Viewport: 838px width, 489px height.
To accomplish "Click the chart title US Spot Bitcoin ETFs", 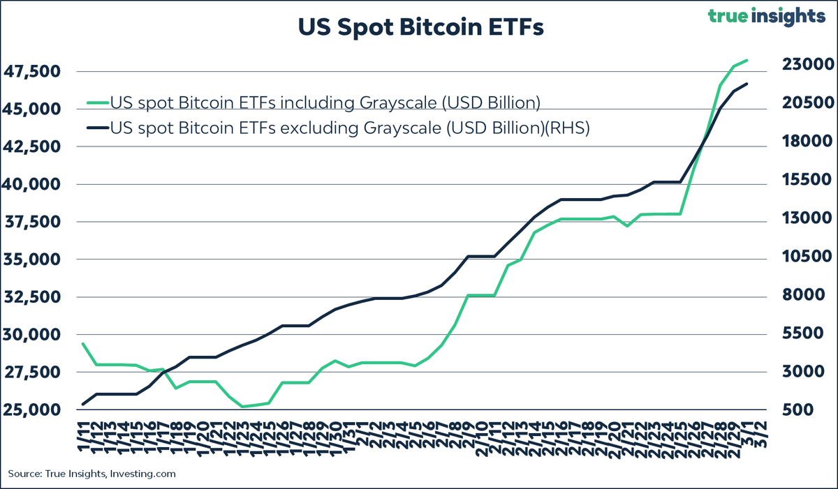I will (x=419, y=29).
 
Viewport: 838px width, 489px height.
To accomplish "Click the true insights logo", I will (x=765, y=17).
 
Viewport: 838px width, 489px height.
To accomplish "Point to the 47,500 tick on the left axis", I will (x=34, y=72).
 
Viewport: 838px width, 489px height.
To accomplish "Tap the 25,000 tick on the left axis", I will (x=34, y=409).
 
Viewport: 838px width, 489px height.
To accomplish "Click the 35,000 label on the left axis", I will (x=34, y=259).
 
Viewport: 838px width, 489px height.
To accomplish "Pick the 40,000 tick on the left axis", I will (x=34, y=185).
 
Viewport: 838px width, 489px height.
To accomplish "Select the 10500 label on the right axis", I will (x=803, y=257).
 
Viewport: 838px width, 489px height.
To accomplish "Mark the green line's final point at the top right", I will (x=747, y=60).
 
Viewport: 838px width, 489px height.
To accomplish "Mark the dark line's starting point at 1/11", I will (x=83, y=404).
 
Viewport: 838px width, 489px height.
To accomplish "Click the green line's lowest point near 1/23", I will (x=242, y=406).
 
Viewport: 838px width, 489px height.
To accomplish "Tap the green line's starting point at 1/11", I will (x=83, y=343).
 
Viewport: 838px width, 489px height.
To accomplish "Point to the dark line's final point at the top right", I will (x=747, y=84).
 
